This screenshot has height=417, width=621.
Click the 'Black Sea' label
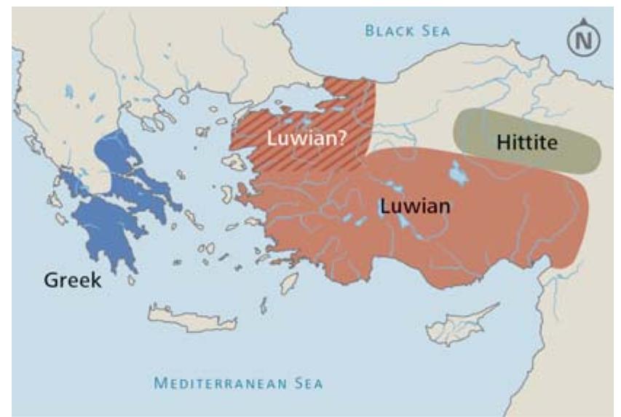(408, 31)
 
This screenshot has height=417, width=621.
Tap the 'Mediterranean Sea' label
(239, 383)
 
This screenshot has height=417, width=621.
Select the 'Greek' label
(73, 279)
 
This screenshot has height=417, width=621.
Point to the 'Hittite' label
(527, 143)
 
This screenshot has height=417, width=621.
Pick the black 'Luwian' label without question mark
(415, 206)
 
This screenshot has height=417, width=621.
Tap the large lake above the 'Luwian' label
(459, 173)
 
